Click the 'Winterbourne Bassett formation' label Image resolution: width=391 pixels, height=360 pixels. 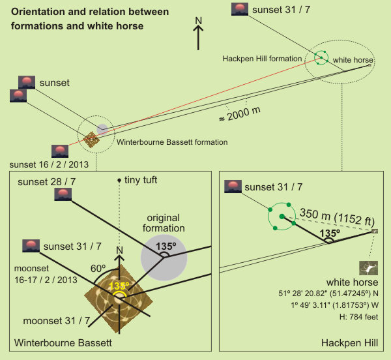171,142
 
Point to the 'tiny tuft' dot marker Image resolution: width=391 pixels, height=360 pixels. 119,180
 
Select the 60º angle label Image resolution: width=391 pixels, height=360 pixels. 98,267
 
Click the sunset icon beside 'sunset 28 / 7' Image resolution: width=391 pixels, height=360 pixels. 63,194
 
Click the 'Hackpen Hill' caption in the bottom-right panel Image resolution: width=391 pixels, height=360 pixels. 356,343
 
